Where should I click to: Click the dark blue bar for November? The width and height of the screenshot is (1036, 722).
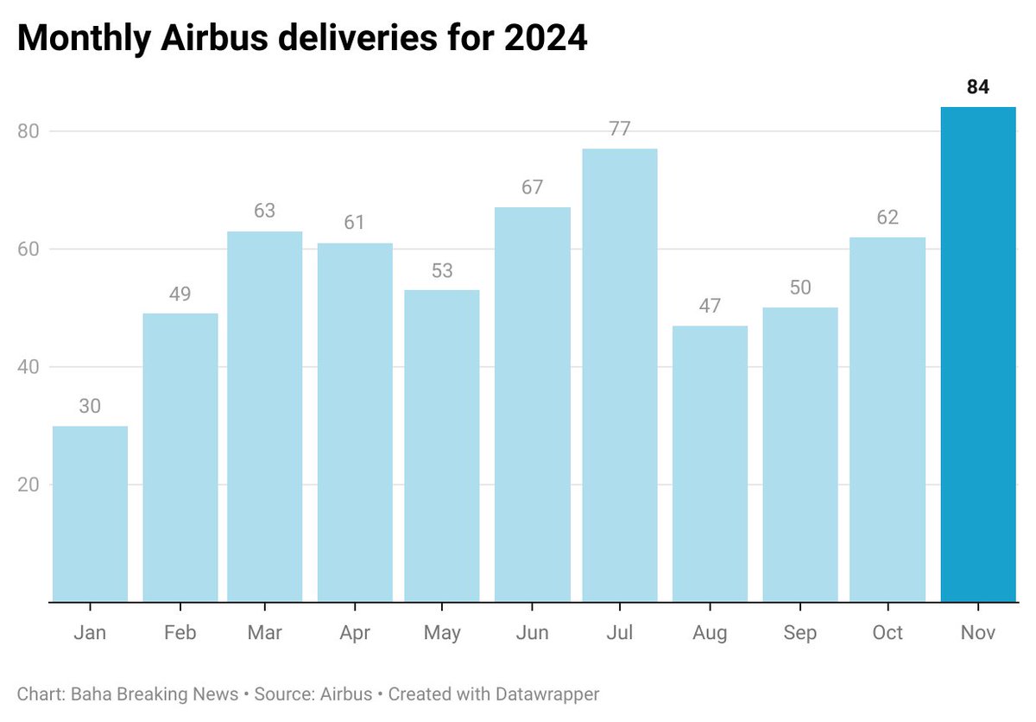click(977, 354)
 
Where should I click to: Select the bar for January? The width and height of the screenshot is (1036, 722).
click(90, 513)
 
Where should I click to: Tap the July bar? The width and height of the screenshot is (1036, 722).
click(619, 375)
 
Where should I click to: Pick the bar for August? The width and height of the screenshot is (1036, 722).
click(710, 463)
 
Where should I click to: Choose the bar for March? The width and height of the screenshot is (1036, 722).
click(264, 416)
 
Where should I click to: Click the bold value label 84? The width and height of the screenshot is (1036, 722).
click(977, 87)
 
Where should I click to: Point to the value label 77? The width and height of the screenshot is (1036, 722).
click(619, 130)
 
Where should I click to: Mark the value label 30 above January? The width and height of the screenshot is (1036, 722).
click(90, 406)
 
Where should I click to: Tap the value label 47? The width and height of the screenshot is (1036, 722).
click(710, 306)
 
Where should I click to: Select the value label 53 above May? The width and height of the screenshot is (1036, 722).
click(442, 270)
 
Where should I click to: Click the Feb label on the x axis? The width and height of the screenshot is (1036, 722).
click(180, 633)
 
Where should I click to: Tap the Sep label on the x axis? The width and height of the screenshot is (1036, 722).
click(799, 633)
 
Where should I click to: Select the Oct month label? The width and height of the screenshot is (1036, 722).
click(888, 633)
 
